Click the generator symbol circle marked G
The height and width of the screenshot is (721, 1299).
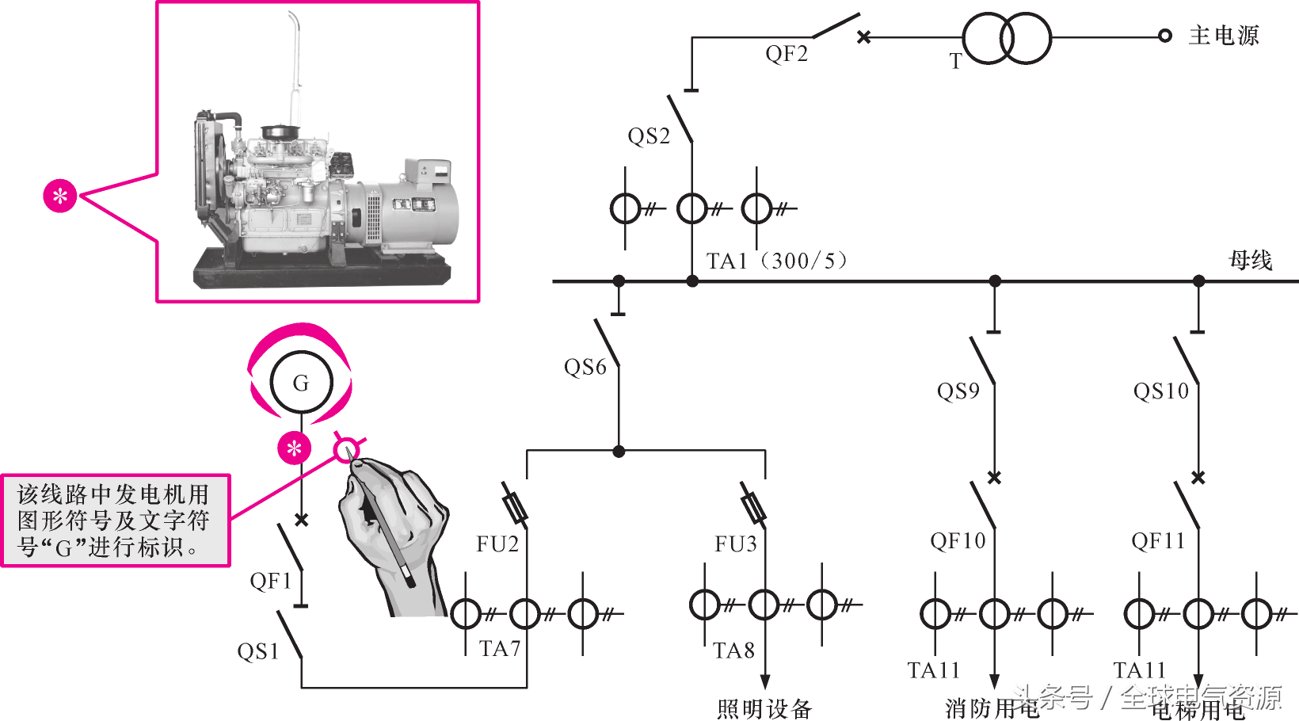tap(301, 383)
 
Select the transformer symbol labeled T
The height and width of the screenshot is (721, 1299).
tap(1007, 38)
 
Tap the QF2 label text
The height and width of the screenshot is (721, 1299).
tap(787, 54)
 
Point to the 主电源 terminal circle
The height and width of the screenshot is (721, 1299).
tap(1164, 36)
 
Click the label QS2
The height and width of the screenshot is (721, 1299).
tap(649, 136)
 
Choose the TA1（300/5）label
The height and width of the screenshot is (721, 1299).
tap(777, 261)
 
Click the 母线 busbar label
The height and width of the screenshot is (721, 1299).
tap(1250, 260)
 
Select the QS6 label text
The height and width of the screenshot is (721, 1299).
tap(585, 367)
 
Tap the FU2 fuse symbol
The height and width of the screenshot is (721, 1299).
tap(516, 505)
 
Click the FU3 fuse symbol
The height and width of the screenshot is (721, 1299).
tap(752, 505)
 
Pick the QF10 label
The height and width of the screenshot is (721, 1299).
tap(958, 541)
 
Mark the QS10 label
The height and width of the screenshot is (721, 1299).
tap(1161, 391)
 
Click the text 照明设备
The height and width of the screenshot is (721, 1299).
tap(764, 708)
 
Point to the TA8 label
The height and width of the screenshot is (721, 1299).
tap(733, 650)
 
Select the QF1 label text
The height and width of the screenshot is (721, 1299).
tap(271, 581)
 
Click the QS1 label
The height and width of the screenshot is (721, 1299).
tap(258, 651)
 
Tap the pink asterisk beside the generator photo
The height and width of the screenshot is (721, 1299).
tap(60, 196)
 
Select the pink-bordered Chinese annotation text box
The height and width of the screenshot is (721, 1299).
tap(115, 521)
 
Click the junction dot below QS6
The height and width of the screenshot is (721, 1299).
tap(619, 452)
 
